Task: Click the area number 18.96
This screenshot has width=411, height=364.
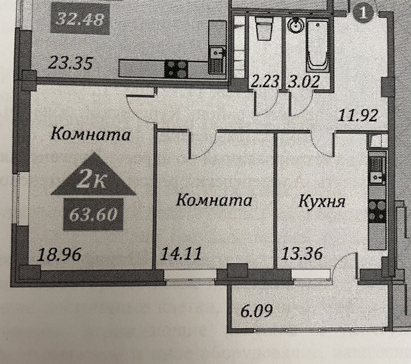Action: (x=59, y=254)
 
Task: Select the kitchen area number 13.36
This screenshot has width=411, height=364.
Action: (x=302, y=253)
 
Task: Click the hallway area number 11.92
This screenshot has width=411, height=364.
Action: (x=358, y=115)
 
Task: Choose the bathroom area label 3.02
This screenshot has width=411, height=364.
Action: (x=303, y=81)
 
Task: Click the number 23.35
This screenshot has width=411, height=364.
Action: (x=71, y=63)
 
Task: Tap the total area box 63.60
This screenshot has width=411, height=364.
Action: (x=93, y=215)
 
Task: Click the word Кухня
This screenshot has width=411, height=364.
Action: (x=322, y=201)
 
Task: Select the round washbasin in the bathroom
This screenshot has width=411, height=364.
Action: (x=294, y=26)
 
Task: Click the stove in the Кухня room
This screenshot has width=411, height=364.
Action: (x=377, y=211)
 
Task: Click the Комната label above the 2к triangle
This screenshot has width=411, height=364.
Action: (x=90, y=134)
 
